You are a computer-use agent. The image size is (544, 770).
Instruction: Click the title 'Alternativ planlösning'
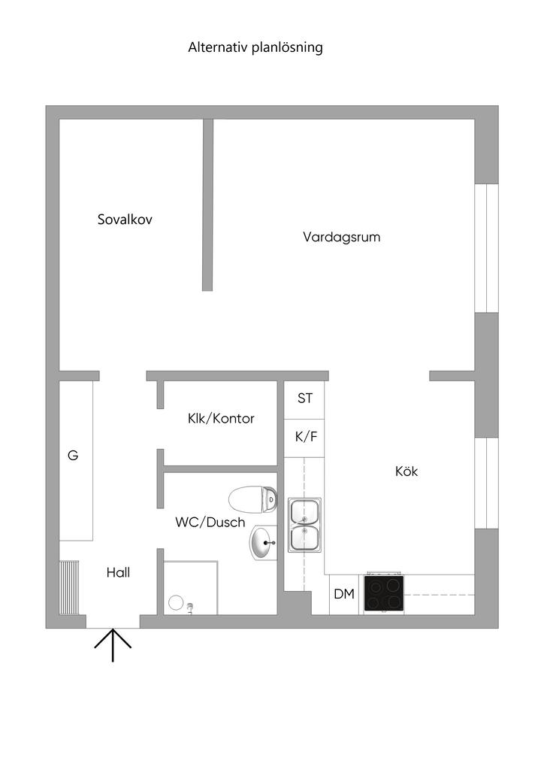255,47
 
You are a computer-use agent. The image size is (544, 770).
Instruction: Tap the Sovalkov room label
125,220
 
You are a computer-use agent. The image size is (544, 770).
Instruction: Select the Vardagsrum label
342,237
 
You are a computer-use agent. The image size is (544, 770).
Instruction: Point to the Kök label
406,472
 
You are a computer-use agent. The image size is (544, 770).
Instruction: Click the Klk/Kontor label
221,419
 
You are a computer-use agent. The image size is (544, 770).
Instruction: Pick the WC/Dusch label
210,522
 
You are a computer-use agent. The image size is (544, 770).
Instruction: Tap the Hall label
118,572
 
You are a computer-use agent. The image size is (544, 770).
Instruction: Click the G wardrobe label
73,455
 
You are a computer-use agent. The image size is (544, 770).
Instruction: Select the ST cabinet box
304,399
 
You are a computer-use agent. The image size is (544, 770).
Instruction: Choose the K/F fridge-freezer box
304,437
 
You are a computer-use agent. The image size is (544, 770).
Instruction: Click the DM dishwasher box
344,595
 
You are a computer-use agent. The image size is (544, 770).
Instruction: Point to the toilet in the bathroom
253,499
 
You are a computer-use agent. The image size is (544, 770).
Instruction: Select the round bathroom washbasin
263,543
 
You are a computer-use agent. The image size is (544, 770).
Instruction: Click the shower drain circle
176,602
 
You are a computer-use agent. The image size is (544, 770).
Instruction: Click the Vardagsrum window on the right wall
487,247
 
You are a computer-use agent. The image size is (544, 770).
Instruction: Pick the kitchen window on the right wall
487,483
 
